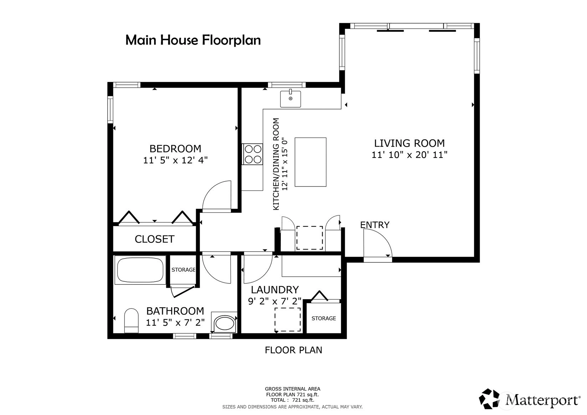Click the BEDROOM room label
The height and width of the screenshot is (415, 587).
click(175, 149)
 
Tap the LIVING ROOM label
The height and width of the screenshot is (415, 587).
click(409, 143)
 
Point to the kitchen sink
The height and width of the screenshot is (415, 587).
click(290, 98)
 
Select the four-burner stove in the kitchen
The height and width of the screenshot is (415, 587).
click(253, 154)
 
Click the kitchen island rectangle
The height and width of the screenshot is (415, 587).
click(310, 162)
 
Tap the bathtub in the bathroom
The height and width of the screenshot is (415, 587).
click(140, 270)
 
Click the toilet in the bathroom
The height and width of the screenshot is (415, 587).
click(131, 321)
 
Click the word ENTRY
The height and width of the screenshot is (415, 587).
click(375, 225)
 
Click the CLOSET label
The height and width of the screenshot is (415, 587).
click(155, 239)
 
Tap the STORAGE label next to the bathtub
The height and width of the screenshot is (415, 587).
click(184, 270)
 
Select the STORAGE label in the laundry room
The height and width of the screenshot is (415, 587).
click(324, 318)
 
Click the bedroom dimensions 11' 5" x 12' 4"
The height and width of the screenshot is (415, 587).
click(175, 160)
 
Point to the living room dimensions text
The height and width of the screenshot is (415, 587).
click(409, 155)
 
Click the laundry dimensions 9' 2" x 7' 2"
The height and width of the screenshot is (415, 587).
click(275, 301)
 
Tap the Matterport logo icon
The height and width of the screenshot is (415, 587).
click(489, 399)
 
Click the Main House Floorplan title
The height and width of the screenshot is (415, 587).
click(193, 40)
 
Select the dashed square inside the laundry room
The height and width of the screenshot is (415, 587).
click(288, 319)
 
